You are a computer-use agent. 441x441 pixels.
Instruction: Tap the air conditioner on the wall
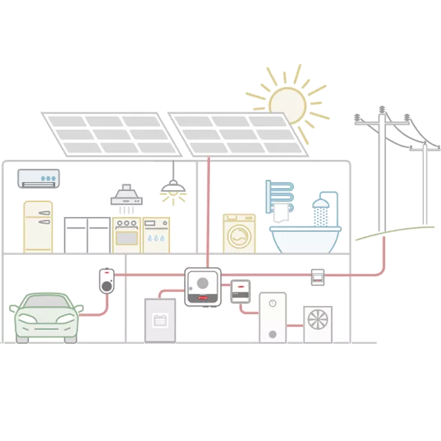(39, 178)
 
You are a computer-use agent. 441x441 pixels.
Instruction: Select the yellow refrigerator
(38, 225)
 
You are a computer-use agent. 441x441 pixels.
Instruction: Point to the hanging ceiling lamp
(172, 187)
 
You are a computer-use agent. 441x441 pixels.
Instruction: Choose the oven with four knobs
(127, 234)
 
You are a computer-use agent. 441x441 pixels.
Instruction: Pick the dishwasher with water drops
(156, 234)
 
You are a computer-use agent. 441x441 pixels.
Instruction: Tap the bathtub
(304, 238)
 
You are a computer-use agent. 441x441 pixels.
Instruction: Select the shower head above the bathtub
(319, 204)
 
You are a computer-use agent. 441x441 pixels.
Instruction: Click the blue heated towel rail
(280, 197)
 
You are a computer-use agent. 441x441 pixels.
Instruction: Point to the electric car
(46, 318)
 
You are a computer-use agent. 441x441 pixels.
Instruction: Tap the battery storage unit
(161, 320)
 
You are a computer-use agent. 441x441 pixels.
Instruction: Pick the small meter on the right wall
(318, 276)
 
